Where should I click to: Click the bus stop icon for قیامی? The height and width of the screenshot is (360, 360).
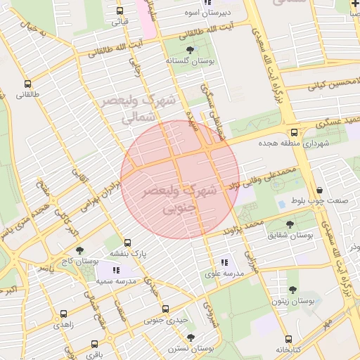[x=120, y=11]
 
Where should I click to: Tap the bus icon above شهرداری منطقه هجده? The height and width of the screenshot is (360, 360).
[x=293, y=132]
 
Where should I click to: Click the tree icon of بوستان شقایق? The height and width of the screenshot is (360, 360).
[x=290, y=224]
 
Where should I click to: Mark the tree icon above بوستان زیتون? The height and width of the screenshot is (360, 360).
[x=292, y=290]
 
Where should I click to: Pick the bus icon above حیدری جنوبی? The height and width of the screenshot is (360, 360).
[x=165, y=309]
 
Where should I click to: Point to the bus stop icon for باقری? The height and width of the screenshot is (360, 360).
[x=94, y=345]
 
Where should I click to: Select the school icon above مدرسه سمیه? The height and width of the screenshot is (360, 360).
[x=116, y=270]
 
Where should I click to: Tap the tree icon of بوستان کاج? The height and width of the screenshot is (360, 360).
[x=79, y=250]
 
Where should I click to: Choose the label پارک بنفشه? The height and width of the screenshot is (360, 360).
[x=127, y=254]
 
